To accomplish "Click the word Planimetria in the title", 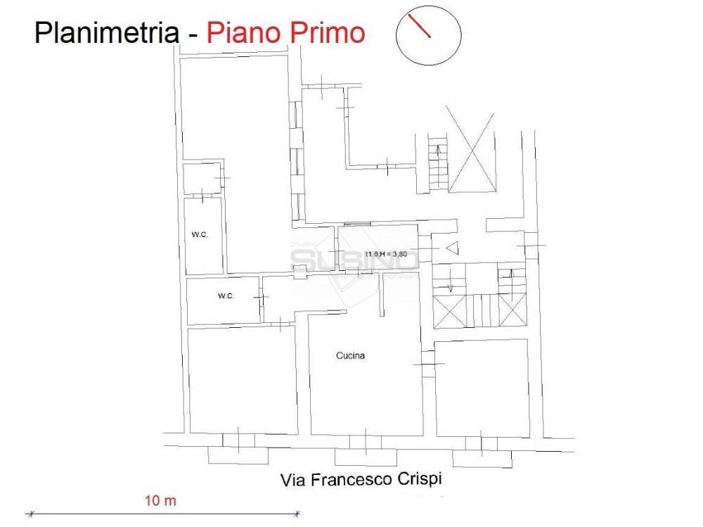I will pos(105,32).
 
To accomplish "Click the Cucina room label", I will pos(350,356).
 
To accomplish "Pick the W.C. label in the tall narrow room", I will pos(198,235).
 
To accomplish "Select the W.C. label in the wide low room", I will pos(226,296).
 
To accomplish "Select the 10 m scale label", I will pos(160,501).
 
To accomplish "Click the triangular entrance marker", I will pos(451,248).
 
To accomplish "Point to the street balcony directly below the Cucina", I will pos(366,457).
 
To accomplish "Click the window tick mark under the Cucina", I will pos(366,441).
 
